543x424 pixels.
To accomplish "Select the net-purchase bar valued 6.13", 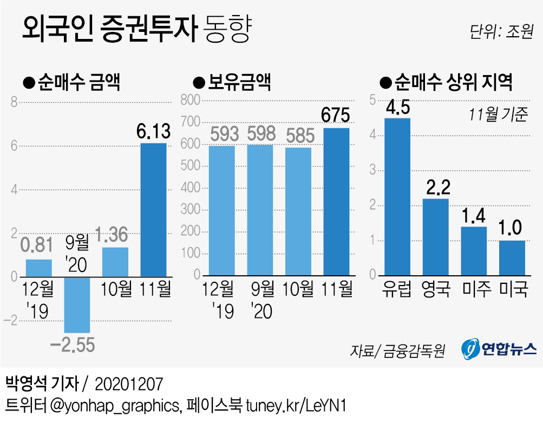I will pos(153,210).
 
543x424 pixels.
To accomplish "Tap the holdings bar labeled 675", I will pos(336,202).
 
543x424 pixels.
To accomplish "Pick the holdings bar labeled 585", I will pos(298,212).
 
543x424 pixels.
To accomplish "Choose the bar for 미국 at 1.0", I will pos(512,258).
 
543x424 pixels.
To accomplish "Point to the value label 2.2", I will pos(436,188).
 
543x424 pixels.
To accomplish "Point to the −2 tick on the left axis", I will pos(10,321).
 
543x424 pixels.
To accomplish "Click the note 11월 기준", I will pos(498,115).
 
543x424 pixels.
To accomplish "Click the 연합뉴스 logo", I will pos(499,349).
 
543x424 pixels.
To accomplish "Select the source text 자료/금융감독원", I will pos(397,351).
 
